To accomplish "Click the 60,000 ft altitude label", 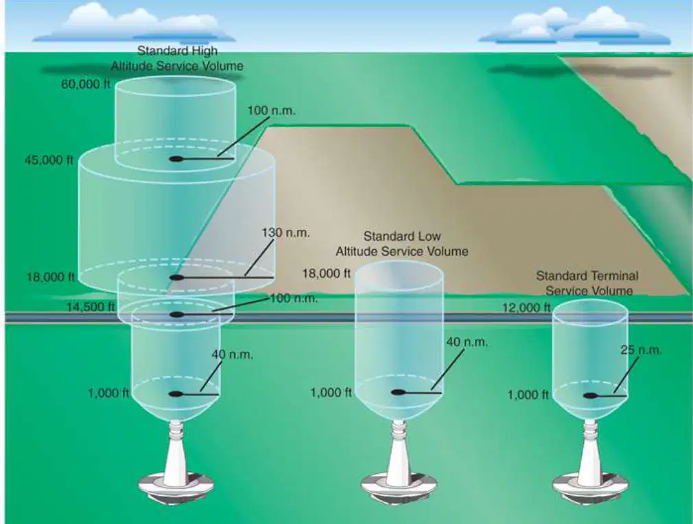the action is pyautogui.click(x=86, y=84).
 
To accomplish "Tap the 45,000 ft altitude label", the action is pyautogui.click(x=49, y=160).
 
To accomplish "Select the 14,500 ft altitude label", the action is pyautogui.click(x=91, y=306).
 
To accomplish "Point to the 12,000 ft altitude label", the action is pyautogui.click(x=526, y=307).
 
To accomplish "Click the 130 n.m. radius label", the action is pyautogui.click(x=286, y=233).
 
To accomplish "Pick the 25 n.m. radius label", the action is pyautogui.click(x=641, y=350).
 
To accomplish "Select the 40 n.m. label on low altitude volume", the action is pyautogui.click(x=467, y=342).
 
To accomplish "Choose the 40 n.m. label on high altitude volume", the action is pyautogui.click(x=233, y=355).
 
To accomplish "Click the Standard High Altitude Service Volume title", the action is pyautogui.click(x=177, y=58).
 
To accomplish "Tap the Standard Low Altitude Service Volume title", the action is pyautogui.click(x=402, y=243).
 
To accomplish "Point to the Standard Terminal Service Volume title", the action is pyautogui.click(x=587, y=283).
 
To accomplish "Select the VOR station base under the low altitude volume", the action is pyautogui.click(x=399, y=468).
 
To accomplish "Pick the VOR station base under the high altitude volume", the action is pyautogui.click(x=176, y=468).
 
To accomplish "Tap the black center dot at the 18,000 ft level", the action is pyautogui.click(x=176, y=278).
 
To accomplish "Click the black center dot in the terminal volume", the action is pyautogui.click(x=589, y=396).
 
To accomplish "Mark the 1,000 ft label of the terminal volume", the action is pyautogui.click(x=528, y=394).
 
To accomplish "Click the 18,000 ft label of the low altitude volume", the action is pyautogui.click(x=326, y=274).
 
